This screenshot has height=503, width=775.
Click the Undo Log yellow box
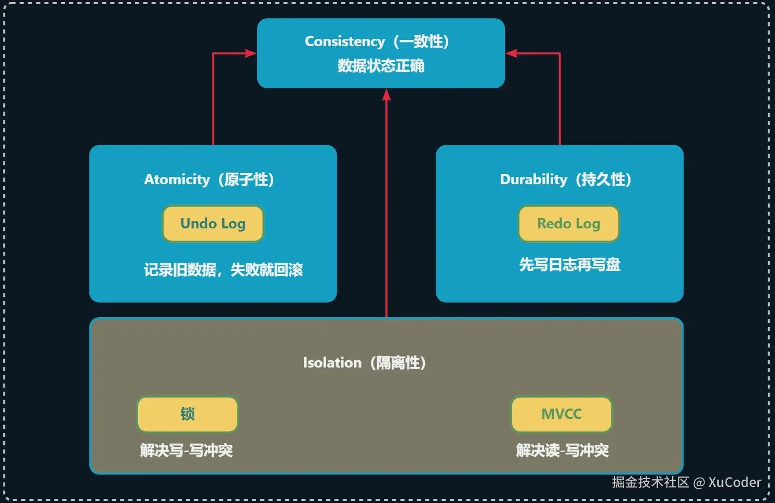[213, 224]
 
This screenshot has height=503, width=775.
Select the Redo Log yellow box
[569, 224]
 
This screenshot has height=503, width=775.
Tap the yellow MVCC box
[562, 414]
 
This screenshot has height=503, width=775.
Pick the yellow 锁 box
[188, 414]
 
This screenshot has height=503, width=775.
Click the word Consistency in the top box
[345, 42]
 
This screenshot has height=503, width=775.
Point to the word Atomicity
[177, 180]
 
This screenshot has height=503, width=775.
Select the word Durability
[533, 180]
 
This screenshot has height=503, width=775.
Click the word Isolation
[332, 363]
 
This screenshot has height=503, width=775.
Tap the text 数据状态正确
[381, 66]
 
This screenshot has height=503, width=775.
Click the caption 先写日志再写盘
[570, 265]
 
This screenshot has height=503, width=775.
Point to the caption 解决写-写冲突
[186, 450]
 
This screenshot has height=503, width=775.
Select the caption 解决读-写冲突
[562, 450]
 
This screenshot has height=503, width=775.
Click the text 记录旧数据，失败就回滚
[223, 270]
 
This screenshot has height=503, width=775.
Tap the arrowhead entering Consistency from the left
[251, 53]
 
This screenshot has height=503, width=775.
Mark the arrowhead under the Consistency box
[386, 94]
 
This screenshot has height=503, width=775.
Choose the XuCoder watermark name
[734, 482]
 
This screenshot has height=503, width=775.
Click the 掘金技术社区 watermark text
[650, 482]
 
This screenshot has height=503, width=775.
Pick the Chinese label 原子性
[246, 180]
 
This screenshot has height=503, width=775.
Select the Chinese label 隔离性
[398, 363]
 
